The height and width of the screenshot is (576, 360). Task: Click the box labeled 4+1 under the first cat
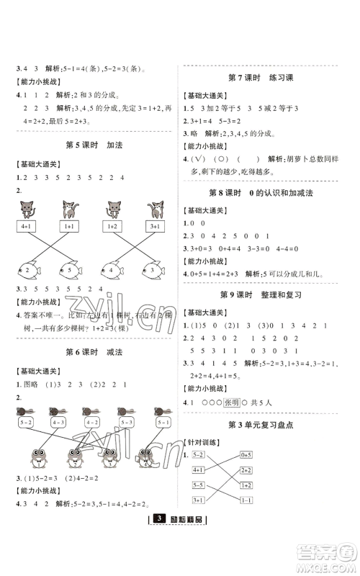[26, 226]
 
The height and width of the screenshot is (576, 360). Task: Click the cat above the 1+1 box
[71, 210]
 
